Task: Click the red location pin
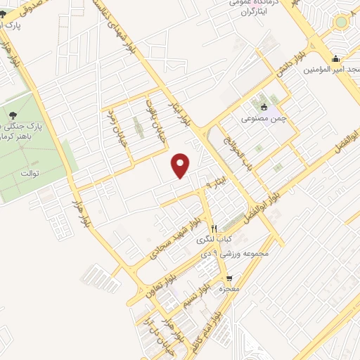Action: (x=181, y=165)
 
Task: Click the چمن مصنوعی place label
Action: (x=264, y=120)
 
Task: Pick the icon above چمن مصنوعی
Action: (x=264, y=108)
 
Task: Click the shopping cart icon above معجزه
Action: (x=229, y=279)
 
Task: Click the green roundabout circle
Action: (x=341, y=22)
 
